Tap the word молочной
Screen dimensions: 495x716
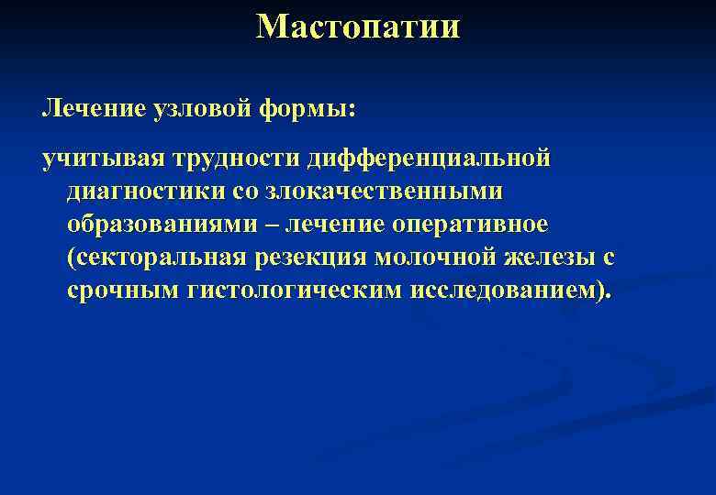point(436,258)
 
